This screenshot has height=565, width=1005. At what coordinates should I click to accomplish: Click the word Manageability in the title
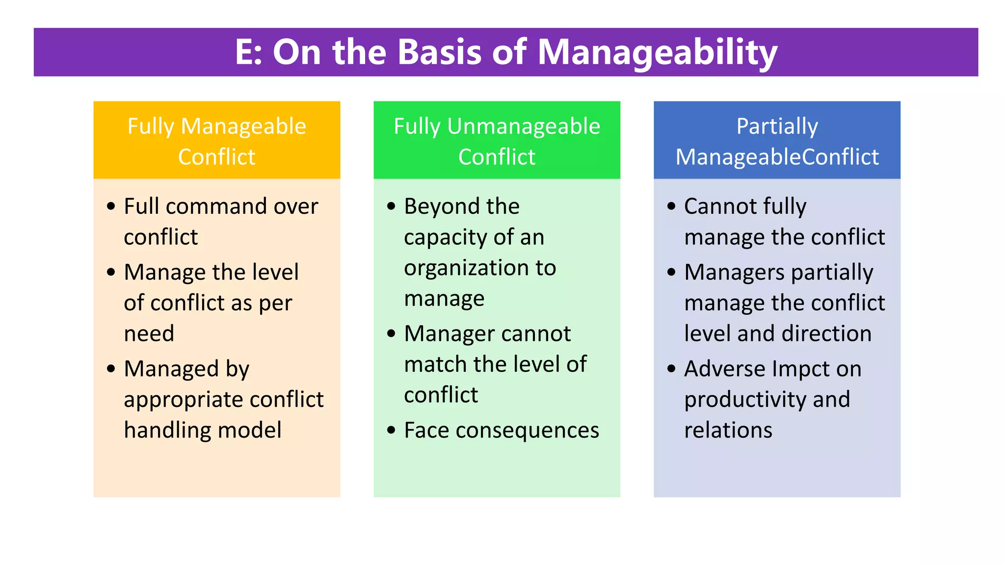click(x=658, y=52)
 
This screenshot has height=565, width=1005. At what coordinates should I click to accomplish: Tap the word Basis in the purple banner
click(x=440, y=51)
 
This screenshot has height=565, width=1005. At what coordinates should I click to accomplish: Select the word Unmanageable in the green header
click(x=524, y=127)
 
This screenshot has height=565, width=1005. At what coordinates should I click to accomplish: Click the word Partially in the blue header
click(x=777, y=127)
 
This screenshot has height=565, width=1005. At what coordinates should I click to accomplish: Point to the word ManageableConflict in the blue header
click(x=777, y=157)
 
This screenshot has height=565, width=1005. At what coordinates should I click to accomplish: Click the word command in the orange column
click(x=216, y=206)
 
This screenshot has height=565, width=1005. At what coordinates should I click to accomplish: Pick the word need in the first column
click(x=149, y=334)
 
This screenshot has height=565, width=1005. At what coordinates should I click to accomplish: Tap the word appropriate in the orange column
click(x=177, y=400)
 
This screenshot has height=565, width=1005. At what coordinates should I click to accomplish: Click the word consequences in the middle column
click(x=527, y=431)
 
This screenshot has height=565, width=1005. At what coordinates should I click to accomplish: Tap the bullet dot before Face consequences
click(x=391, y=431)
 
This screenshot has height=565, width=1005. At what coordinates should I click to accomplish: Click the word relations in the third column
click(x=728, y=431)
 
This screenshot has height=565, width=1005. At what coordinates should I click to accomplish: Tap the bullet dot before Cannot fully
click(x=671, y=206)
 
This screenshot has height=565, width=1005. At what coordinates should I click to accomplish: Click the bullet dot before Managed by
click(x=111, y=369)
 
